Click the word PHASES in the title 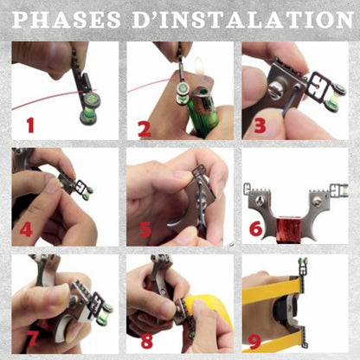click(67, 20)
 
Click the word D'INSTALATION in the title click(243, 20)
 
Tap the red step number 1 click(30, 125)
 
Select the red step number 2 click(145, 129)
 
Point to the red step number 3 click(260, 125)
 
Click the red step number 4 click(26, 229)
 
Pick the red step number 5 click(145, 229)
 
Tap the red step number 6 click(255, 228)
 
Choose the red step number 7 click(32, 337)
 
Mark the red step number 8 click(147, 341)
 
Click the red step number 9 click(254, 341)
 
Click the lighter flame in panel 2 click(199, 67)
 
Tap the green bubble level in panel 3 click(336, 95)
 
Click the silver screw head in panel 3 click(276, 89)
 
